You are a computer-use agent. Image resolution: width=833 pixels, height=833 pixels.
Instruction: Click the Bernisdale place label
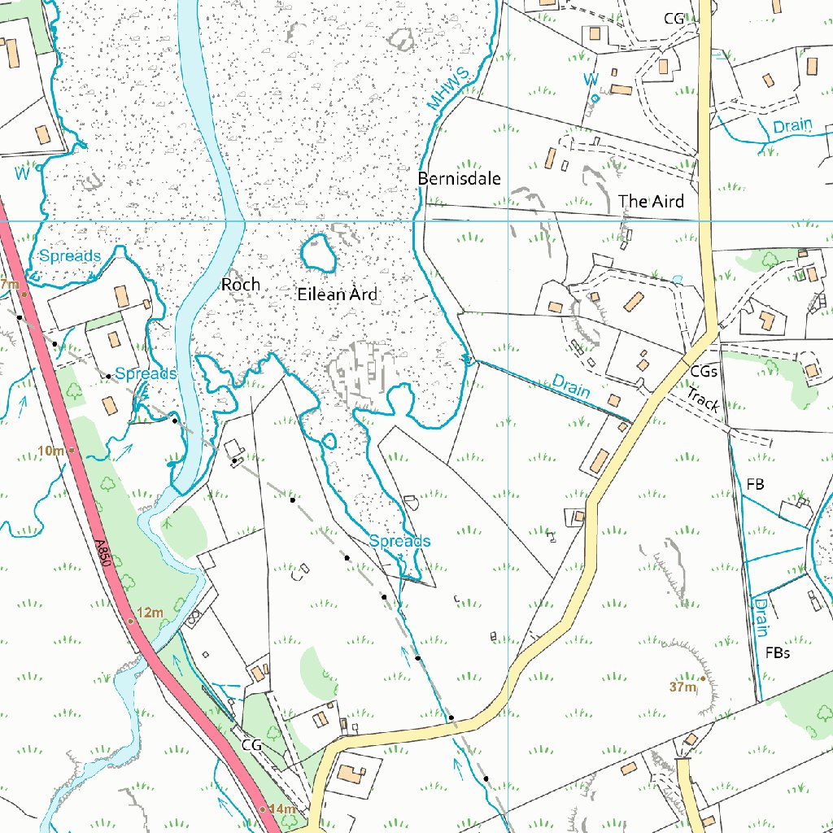coord(459,178)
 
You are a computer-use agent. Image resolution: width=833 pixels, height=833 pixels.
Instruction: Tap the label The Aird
coord(651,201)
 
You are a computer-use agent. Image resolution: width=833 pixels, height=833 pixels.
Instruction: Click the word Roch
coord(241,285)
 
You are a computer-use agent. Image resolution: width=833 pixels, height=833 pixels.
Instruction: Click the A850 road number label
coord(102,559)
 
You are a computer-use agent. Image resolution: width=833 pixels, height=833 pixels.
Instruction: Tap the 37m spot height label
coord(683,687)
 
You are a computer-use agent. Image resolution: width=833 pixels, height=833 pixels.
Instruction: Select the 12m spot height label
coord(150,612)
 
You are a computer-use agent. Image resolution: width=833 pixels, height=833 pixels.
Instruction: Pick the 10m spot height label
coord(50,451)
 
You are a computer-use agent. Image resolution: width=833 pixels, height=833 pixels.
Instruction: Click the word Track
coord(702,399)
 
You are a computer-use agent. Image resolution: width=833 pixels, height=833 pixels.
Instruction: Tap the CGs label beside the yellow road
coord(704,371)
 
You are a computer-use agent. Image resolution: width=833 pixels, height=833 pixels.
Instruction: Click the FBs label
coord(778,652)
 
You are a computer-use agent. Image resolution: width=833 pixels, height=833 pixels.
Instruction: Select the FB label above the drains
coord(755,484)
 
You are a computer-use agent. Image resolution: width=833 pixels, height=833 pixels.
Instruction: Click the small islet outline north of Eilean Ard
coord(319,253)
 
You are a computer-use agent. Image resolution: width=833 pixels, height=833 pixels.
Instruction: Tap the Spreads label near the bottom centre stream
coord(399,541)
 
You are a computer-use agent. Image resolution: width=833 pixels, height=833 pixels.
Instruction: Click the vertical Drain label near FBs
coord(761,616)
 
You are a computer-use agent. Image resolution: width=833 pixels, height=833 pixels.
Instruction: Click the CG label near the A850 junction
coord(251,744)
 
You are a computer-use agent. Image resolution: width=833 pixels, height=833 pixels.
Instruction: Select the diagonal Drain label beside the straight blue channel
coord(570,385)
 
